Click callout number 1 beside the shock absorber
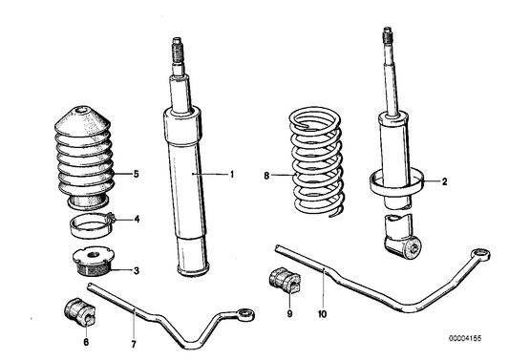click(x=231, y=175)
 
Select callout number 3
click(x=137, y=270)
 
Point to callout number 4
click(x=137, y=219)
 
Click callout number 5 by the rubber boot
click(x=137, y=174)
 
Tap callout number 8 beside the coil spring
click(x=267, y=175)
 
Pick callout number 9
click(x=288, y=311)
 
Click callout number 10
click(x=322, y=311)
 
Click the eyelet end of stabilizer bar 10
click(x=484, y=254)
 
